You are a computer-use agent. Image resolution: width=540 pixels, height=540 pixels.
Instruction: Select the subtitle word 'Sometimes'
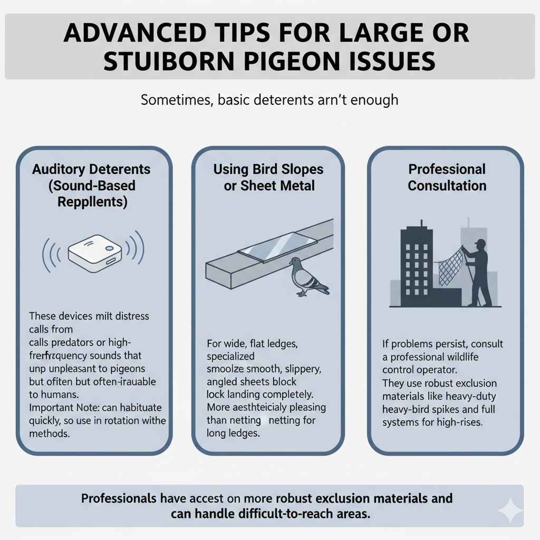tap(176, 100)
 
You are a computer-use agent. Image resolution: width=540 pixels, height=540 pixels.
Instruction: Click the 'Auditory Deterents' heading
tap(91, 169)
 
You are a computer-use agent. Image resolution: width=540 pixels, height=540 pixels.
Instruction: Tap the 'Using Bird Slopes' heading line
tap(268, 169)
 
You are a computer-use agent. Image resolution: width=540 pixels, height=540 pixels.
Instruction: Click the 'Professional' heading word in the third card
tap(447, 169)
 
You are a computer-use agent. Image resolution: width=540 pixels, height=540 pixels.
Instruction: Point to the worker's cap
tap(479, 243)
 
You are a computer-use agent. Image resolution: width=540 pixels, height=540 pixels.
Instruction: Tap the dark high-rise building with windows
tap(417, 264)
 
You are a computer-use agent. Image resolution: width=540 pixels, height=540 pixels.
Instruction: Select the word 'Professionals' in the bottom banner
tap(119, 498)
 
